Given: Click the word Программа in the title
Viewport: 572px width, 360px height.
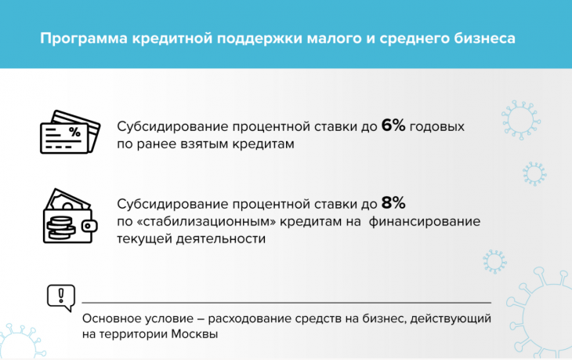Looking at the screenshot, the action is tap(84, 38).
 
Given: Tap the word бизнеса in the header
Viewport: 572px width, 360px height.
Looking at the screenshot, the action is tap(484, 38).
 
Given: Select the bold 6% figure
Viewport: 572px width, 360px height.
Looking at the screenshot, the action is tap(393, 126).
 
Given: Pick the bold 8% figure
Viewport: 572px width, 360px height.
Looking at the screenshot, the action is tap(393, 203).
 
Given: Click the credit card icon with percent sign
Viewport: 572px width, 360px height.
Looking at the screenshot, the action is tap(70, 132).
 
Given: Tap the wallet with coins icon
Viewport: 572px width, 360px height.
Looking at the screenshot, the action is tap(70, 216).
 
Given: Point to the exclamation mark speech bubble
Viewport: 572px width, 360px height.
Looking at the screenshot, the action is tap(61, 297).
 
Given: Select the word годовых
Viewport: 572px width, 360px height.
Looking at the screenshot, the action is tap(437, 127).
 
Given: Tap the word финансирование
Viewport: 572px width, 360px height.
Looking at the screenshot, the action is tap(425, 222).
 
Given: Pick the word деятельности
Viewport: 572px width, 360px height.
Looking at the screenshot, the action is tap(221, 239).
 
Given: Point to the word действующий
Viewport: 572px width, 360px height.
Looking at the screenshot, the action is tap(451, 318).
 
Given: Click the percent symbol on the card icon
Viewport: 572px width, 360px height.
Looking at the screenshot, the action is tap(74, 132).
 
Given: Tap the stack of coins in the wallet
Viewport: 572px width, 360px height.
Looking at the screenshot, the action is tap(60, 227).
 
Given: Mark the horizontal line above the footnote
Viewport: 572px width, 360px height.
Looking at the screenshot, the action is tap(286, 303).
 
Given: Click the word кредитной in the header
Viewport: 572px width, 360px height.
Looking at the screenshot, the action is tap(172, 38).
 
